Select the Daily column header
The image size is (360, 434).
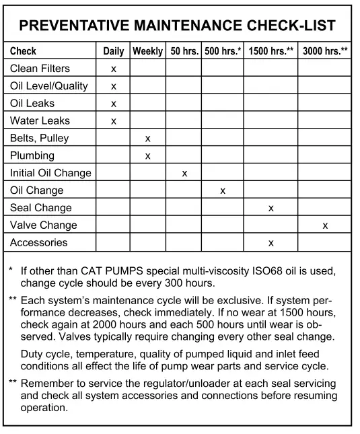click(114, 51)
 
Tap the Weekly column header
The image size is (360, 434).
click(147, 51)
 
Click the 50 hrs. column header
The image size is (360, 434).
click(184, 51)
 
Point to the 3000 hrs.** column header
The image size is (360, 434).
click(326, 51)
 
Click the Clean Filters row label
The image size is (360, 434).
click(40, 69)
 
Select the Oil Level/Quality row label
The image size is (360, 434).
click(49, 86)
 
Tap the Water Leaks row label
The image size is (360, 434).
click(39, 121)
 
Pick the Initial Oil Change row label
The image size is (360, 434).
click(50, 173)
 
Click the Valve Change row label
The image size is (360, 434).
click(43, 225)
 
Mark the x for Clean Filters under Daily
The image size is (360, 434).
click(114, 69)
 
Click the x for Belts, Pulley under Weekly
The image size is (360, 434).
click(147, 139)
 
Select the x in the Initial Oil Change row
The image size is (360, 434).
click(184, 174)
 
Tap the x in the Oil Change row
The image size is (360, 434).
click(222, 191)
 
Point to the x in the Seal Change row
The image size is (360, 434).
click(271, 209)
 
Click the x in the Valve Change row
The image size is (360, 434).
click(325, 226)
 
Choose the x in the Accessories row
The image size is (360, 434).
click(271, 243)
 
